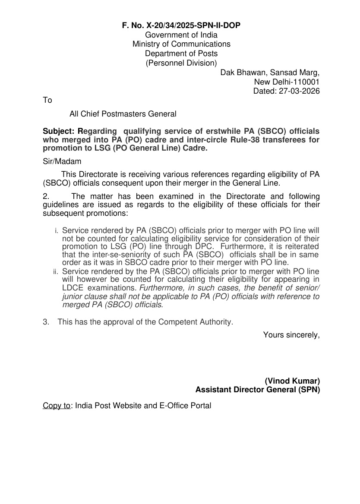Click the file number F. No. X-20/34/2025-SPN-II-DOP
coord(181,26)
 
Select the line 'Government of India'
coord(181,35)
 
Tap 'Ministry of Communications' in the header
coord(181,44)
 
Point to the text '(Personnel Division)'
coord(181,63)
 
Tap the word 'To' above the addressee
coord(47,100)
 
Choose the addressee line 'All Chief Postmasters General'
coord(123,114)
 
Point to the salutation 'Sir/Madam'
coord(62,161)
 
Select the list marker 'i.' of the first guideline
coord(57,232)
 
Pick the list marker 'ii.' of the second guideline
coord(56,272)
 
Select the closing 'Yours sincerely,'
coord(291,334)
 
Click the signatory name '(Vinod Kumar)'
coord(292,381)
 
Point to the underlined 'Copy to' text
coord(57,406)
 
